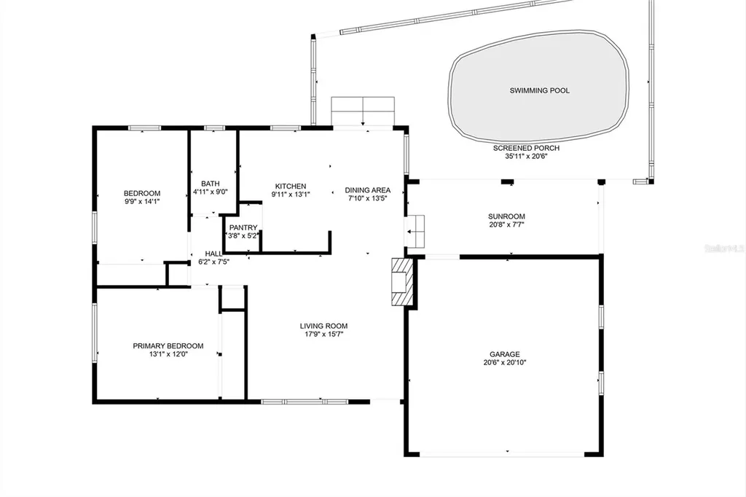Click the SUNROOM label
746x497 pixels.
tap(506, 216)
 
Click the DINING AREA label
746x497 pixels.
tap(367, 190)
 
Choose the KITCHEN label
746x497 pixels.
tap(290, 186)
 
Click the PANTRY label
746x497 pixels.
tap(243, 227)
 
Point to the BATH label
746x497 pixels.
tap(211, 184)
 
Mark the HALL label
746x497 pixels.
tap(213, 254)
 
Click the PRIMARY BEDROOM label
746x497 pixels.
tap(168, 346)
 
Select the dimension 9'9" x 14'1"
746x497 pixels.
tap(141, 202)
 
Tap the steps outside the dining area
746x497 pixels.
tap(363, 111)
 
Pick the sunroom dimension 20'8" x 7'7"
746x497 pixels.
tap(506, 225)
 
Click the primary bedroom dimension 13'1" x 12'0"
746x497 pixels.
tap(168, 355)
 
